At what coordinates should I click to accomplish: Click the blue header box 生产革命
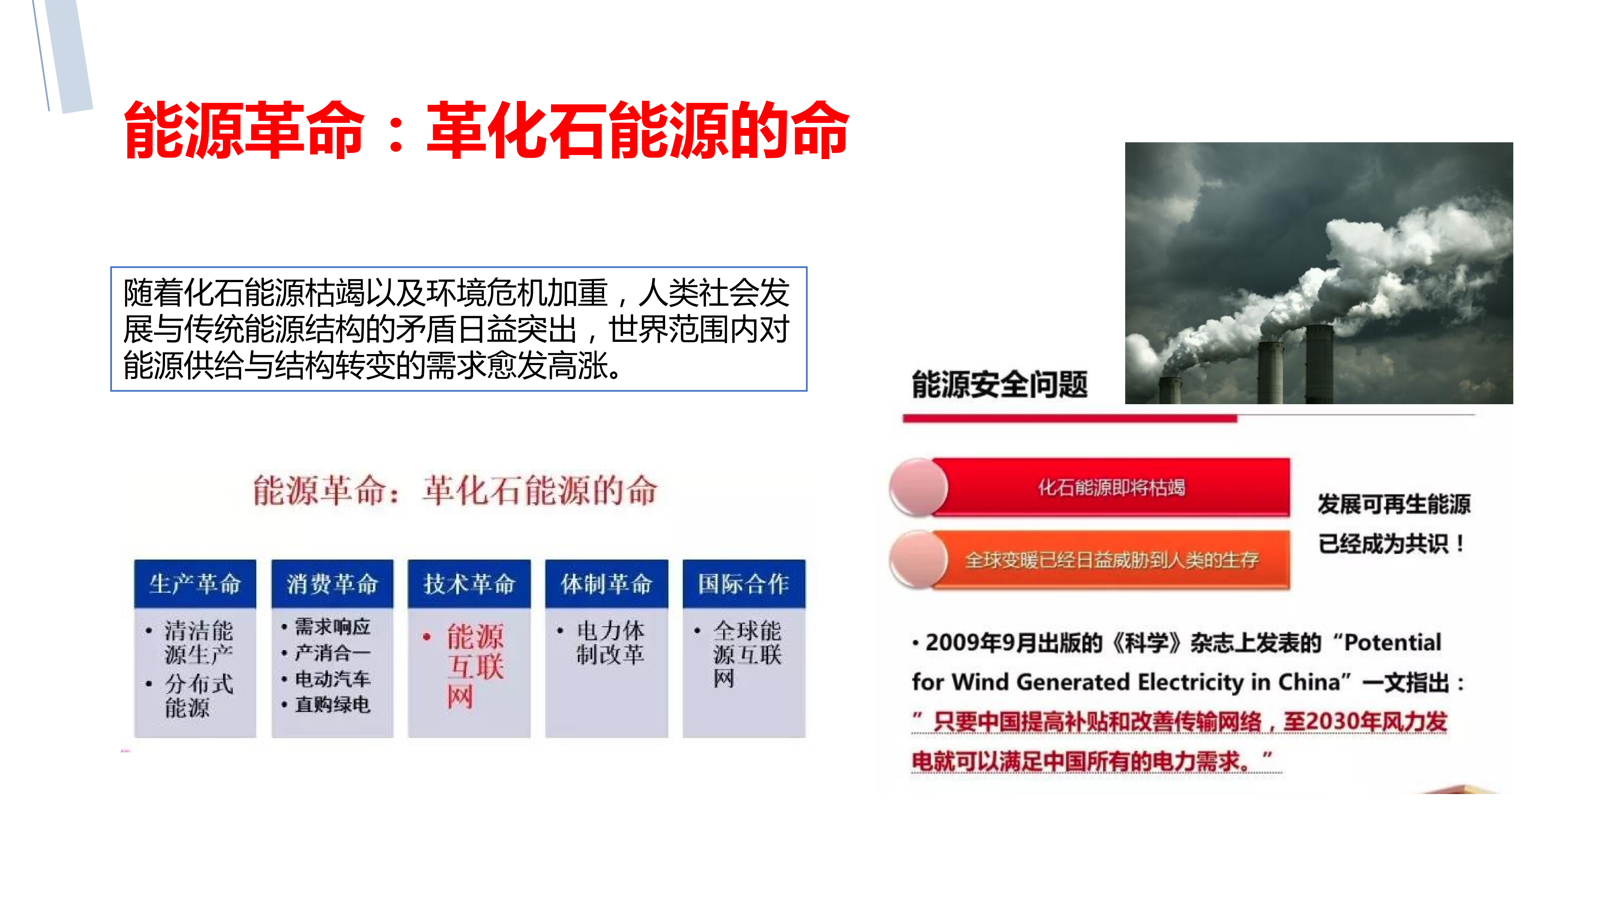195,584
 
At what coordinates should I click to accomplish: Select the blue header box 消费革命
333,584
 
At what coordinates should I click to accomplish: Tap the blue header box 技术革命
469,584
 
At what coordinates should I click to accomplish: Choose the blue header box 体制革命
607,584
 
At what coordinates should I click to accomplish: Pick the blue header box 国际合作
744,584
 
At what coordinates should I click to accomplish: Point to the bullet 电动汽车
333,679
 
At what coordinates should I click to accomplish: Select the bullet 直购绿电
333,704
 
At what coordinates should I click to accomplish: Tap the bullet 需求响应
333,627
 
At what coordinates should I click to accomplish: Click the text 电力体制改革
610,642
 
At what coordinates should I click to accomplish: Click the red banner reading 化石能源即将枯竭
1111,488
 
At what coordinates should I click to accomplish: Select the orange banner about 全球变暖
1111,560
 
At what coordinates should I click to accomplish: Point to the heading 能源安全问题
999,384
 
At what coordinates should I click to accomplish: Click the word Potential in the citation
1392,642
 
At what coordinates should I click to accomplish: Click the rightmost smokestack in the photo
1319,364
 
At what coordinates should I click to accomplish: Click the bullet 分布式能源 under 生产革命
198,696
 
